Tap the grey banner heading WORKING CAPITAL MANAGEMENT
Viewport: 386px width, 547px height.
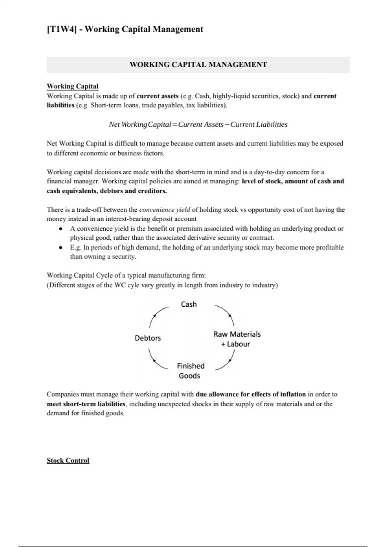[x=198, y=65]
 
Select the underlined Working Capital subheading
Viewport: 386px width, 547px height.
[x=73, y=86]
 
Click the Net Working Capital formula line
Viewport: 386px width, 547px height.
[x=198, y=125]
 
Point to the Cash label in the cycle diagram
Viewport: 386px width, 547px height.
[x=189, y=304]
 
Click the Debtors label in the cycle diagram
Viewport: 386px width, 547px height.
[x=148, y=338]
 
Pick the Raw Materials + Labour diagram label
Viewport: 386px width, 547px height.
[x=237, y=339]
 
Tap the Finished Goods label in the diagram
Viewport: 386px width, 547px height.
[x=190, y=371]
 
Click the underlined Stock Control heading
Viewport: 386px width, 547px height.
[x=68, y=460]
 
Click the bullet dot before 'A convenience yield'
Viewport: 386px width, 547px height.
[x=60, y=229]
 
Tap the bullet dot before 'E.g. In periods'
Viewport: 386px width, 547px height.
[x=60, y=248]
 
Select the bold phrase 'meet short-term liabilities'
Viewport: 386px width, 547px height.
[x=86, y=404]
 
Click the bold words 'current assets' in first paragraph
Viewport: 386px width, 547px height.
[x=158, y=96]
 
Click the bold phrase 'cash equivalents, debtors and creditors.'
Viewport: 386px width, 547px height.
[x=107, y=191]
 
